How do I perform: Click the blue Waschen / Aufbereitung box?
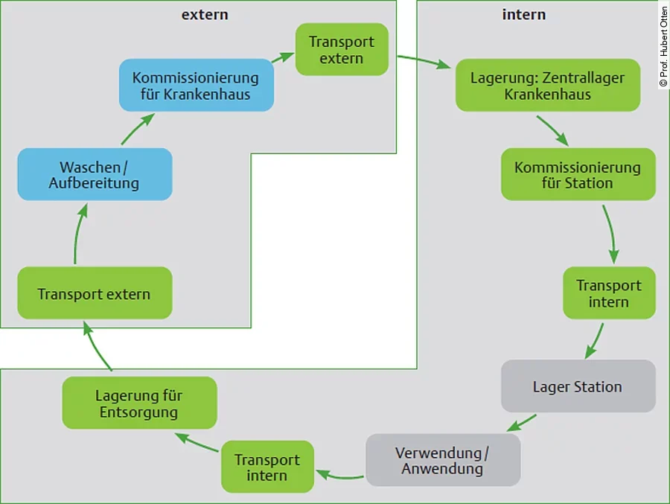pyautogui.click(x=95, y=174)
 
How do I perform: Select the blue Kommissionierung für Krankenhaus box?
pyautogui.click(x=196, y=86)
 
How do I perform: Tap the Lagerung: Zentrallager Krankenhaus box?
pyautogui.click(x=547, y=86)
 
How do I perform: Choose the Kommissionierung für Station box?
pyautogui.click(x=578, y=174)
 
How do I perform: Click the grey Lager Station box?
pyautogui.click(x=578, y=386)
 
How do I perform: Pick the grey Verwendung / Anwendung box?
pyautogui.click(x=442, y=460)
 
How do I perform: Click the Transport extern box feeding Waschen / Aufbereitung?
pyautogui.click(x=95, y=293)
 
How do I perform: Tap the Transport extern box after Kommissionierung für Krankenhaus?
pyautogui.click(x=342, y=50)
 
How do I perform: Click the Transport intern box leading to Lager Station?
pyautogui.click(x=609, y=293)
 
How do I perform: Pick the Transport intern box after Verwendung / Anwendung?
pyautogui.click(x=267, y=467)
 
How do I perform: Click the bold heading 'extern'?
pyautogui.click(x=205, y=14)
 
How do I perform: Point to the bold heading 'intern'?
pyautogui.click(x=524, y=14)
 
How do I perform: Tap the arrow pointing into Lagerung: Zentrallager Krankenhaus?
pyautogui.click(x=424, y=62)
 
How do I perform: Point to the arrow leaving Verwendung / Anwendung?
pyautogui.click(x=339, y=474)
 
